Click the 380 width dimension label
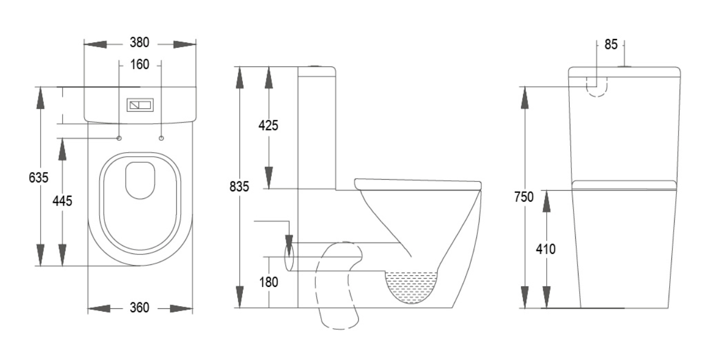(x=140, y=43)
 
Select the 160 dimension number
(x=140, y=65)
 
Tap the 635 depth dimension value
(x=38, y=178)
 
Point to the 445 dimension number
(x=63, y=201)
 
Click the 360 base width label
(x=140, y=308)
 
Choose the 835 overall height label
(x=239, y=187)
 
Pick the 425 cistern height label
(x=268, y=125)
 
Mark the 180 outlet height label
(x=269, y=283)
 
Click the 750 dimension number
(x=524, y=197)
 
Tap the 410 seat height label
(x=546, y=249)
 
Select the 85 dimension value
(x=611, y=45)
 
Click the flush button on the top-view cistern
(x=140, y=105)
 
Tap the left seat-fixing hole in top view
(x=119, y=138)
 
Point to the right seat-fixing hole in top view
(x=162, y=138)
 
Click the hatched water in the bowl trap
(x=412, y=287)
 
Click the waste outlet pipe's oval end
(x=289, y=257)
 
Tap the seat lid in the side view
(x=418, y=185)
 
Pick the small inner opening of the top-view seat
(x=140, y=180)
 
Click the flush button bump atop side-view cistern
(x=316, y=67)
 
